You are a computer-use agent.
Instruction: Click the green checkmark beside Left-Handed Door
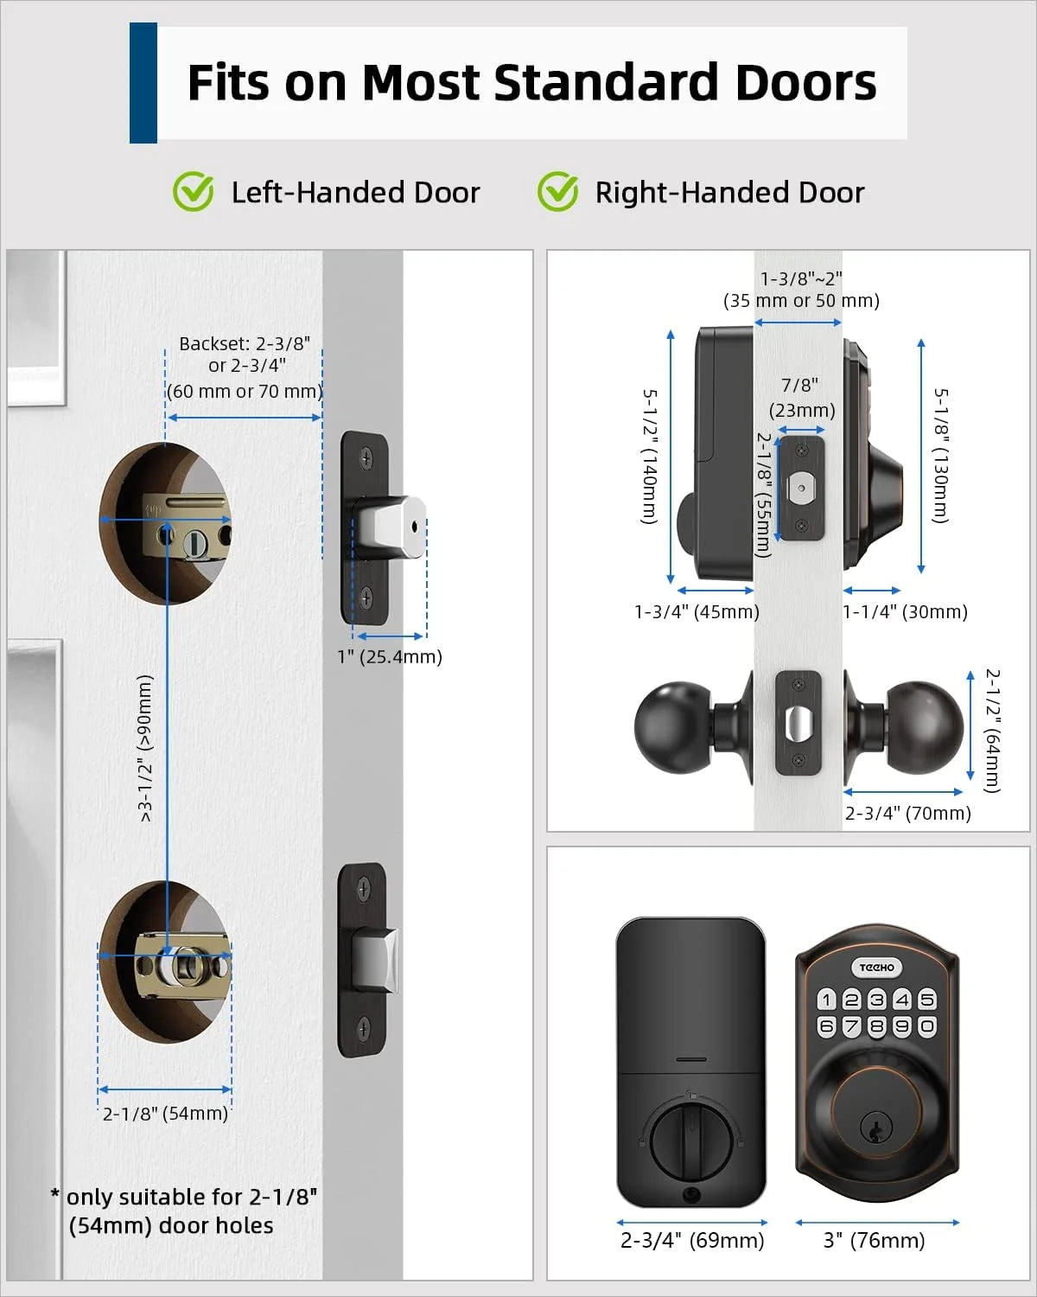[x=193, y=191]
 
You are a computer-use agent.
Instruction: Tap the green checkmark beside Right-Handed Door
[x=557, y=191]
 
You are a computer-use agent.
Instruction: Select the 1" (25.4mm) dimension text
[x=390, y=656]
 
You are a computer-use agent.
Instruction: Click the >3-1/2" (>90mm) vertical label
[x=145, y=748]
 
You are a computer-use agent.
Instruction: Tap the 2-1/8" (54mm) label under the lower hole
[x=165, y=1114]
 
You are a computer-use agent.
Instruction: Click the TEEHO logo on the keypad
[x=876, y=968]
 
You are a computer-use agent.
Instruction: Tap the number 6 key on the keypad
[x=827, y=1026]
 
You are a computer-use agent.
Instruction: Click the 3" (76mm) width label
[x=875, y=1241]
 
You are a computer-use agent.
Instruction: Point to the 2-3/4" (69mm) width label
[x=692, y=1241]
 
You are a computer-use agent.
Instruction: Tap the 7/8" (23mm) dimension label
[x=801, y=397]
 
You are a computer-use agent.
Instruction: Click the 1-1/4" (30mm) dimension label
[x=905, y=612]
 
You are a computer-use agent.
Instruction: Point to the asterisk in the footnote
[x=56, y=1195]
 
